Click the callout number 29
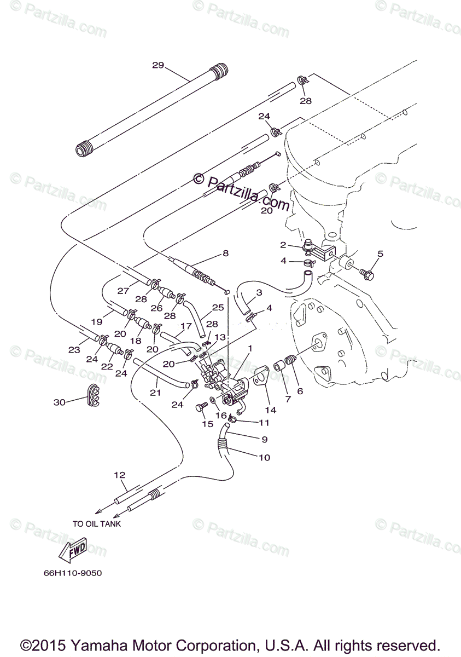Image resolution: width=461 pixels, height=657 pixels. point(158,65)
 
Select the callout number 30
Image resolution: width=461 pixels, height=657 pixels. point(59,402)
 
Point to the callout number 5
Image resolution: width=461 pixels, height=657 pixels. point(381,253)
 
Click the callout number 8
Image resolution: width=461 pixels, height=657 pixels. point(225,253)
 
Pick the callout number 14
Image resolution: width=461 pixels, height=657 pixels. point(270,410)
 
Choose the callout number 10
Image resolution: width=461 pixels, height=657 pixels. point(264,457)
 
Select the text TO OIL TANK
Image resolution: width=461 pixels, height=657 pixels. point(97,523)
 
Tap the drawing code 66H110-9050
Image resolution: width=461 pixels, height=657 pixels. point(73,573)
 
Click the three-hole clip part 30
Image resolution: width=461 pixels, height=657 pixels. point(94,396)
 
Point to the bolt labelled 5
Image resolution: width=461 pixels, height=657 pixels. point(366,272)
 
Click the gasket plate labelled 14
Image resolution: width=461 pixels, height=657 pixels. point(262,377)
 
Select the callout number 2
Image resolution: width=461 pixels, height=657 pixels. point(283,245)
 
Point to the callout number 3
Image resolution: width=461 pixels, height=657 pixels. point(259,293)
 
